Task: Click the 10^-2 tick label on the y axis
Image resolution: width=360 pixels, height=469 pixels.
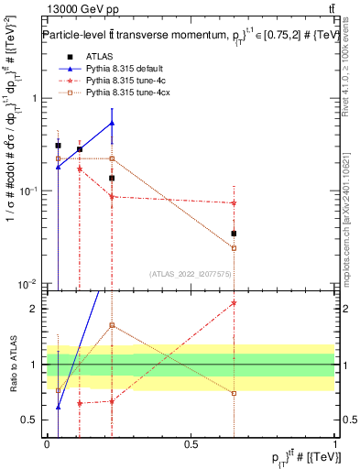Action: click(27, 282)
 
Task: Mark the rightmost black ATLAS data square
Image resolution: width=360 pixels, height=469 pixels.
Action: click(234, 234)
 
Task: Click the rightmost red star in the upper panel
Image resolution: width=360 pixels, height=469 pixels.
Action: click(234, 202)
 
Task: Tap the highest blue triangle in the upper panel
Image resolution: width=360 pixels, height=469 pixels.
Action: click(112, 123)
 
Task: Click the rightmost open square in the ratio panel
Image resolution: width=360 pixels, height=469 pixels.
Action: click(234, 394)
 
